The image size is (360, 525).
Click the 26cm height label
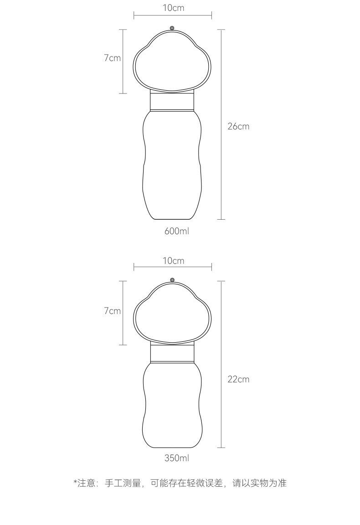click(x=238, y=126)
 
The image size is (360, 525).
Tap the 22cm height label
click(x=238, y=379)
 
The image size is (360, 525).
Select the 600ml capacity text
click(x=177, y=231)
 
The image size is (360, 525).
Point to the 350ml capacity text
click(x=177, y=458)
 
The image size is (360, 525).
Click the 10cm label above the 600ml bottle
click(x=174, y=8)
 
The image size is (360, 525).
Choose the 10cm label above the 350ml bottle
click(x=174, y=261)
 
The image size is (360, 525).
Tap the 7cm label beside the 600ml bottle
click(x=112, y=58)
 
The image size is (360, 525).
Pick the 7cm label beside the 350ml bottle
click(x=112, y=311)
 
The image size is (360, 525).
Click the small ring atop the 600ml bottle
click(x=172, y=28)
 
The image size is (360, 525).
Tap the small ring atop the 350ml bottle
click(x=172, y=280)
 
